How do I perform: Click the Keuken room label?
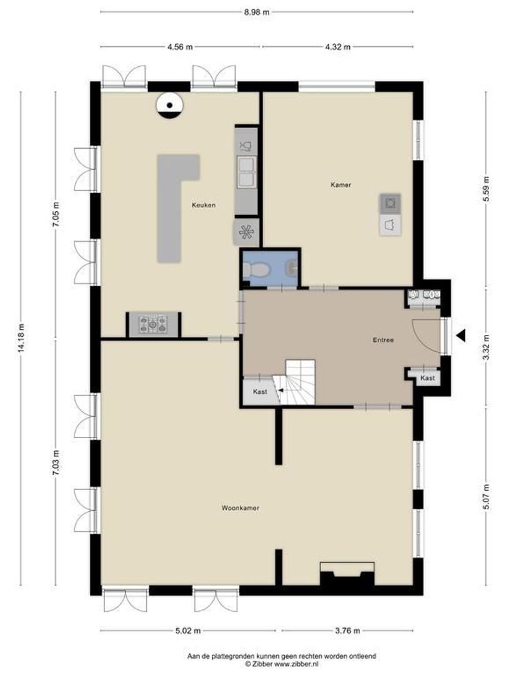(x=204, y=206)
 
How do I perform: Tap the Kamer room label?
(x=341, y=184)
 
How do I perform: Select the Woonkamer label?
(x=240, y=508)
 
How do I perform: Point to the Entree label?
(x=383, y=340)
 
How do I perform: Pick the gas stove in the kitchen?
(x=153, y=324)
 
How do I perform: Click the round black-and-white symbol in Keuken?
(x=170, y=105)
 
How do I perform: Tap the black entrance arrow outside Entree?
(x=461, y=336)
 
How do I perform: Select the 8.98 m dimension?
(x=257, y=12)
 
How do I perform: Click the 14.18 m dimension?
(x=21, y=338)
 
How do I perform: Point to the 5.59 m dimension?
(x=486, y=189)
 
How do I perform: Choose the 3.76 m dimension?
(x=347, y=631)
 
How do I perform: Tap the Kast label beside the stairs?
(x=260, y=392)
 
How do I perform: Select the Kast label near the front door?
(x=427, y=378)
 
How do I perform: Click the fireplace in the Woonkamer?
(x=347, y=573)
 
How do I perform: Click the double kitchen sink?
(x=246, y=172)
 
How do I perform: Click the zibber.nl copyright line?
(x=281, y=664)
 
